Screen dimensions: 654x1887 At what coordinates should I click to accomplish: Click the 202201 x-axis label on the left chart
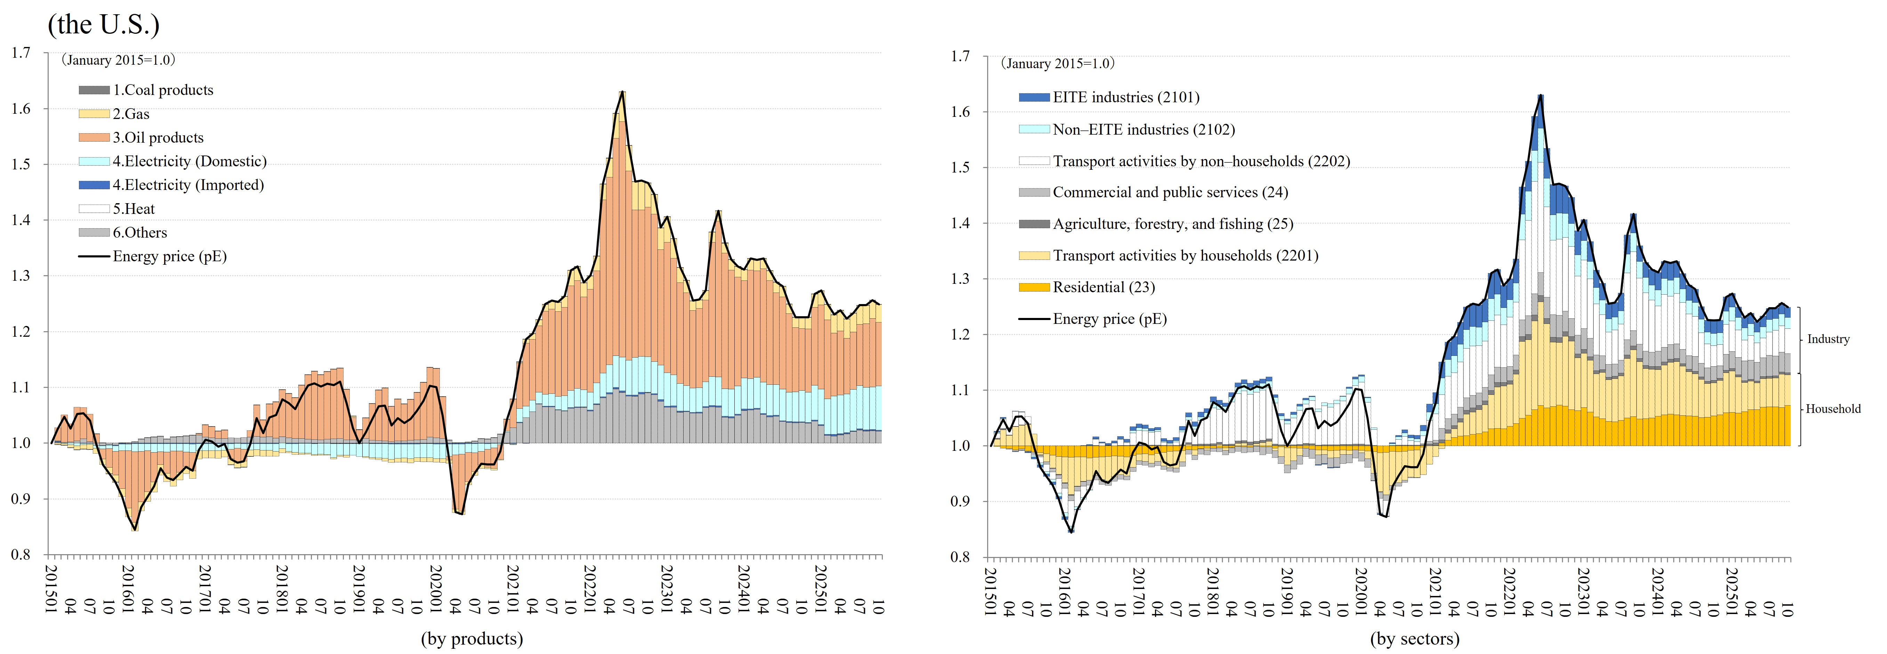590,585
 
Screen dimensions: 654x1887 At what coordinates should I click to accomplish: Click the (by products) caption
472,639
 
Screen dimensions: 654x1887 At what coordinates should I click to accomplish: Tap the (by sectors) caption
1414,639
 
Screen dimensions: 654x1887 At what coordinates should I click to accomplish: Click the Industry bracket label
1828,340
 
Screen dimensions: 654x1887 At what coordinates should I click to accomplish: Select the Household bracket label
1833,409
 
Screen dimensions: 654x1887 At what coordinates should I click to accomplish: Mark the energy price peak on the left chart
622,93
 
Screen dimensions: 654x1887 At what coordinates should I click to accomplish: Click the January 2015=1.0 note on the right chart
1058,64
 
